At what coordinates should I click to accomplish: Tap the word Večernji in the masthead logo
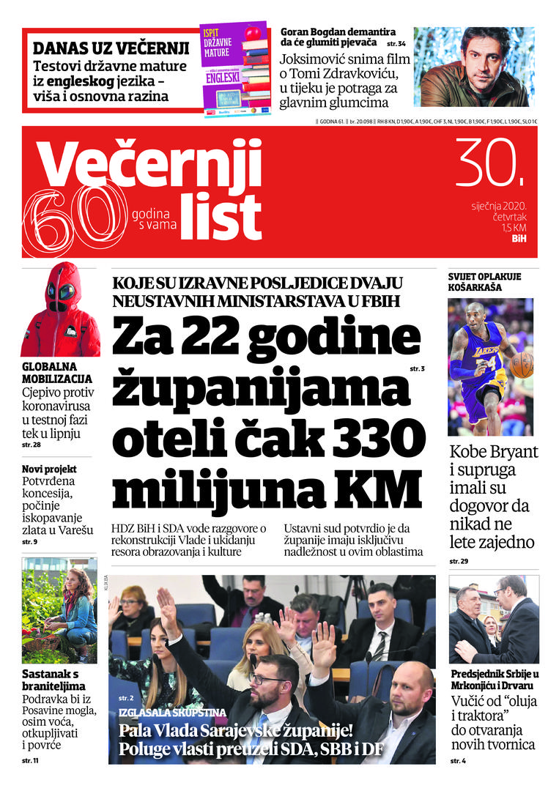point(150,164)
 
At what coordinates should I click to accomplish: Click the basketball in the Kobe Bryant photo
point(522,364)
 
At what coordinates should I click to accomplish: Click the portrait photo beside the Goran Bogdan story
point(474,67)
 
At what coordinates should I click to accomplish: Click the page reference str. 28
point(32,445)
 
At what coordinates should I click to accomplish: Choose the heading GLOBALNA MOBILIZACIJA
point(57,372)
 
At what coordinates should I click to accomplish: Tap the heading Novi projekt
point(49,469)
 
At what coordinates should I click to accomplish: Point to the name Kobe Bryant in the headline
point(494,451)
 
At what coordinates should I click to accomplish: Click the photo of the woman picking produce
point(59,610)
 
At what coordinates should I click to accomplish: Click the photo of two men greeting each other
point(494,620)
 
